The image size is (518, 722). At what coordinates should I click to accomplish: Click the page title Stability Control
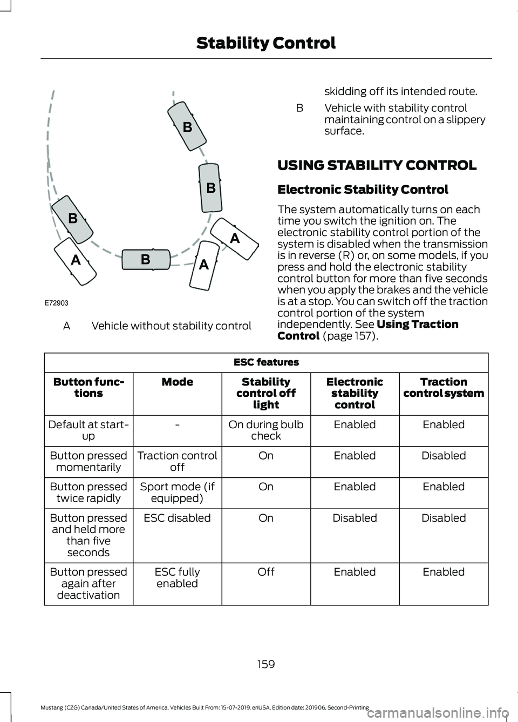265,43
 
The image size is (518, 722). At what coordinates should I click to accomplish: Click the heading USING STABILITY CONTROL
377,165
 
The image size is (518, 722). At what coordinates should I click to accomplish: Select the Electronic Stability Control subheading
363,190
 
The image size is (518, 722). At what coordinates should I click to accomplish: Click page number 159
266,664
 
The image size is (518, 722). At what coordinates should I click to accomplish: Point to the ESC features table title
266,362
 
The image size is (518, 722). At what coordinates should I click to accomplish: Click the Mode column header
177,382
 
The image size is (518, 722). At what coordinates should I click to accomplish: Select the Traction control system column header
444,388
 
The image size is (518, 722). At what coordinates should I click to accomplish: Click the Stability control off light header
266,393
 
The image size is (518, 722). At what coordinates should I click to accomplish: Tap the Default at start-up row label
88,430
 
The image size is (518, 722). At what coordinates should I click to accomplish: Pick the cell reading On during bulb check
266,430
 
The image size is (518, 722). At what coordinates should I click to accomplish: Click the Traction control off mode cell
177,461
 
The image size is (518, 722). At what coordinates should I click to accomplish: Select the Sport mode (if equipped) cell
177,492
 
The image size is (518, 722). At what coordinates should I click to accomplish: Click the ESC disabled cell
177,518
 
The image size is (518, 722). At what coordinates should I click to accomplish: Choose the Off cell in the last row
266,572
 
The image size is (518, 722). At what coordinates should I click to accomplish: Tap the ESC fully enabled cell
177,578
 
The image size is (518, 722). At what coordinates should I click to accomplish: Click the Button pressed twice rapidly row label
88,492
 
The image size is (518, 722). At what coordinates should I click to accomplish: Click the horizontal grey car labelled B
146,259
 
